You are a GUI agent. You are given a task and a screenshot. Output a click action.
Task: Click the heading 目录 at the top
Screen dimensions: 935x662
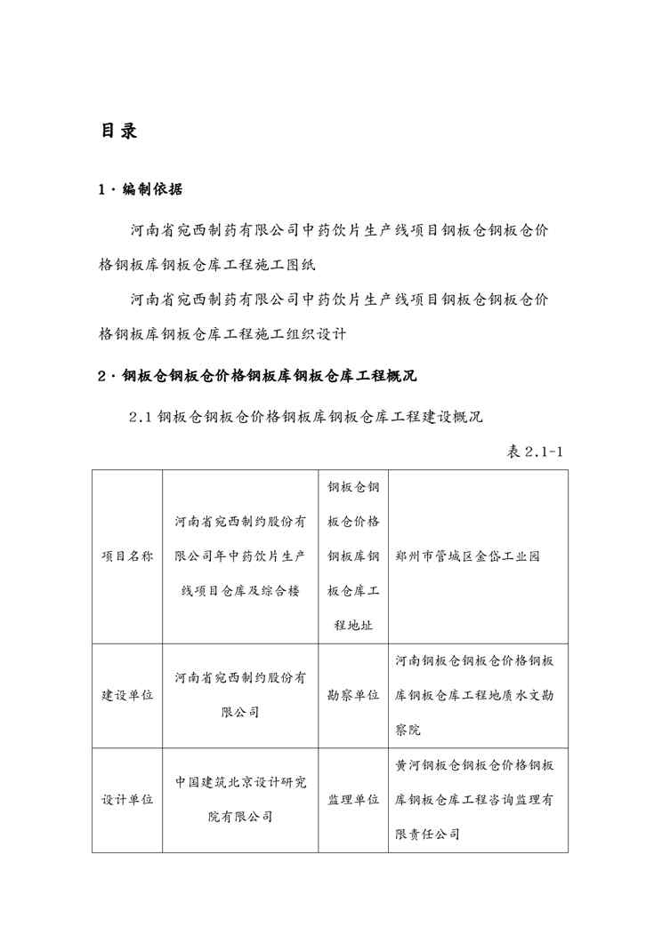118,132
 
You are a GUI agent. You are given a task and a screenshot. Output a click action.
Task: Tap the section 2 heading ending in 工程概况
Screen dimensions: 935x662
257,376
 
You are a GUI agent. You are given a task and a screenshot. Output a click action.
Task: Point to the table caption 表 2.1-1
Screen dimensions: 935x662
534,452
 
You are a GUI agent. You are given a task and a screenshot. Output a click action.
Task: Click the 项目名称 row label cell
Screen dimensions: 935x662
126,556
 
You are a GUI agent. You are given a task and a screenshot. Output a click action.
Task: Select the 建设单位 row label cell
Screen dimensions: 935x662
126,695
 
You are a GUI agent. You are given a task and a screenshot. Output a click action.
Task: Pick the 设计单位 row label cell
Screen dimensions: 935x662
126,800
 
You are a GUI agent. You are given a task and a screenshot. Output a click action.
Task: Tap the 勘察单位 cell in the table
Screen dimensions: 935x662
353,695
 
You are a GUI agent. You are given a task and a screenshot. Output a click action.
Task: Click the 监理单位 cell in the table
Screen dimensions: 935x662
353,800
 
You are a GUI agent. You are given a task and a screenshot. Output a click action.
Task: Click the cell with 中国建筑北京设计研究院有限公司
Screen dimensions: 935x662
240,799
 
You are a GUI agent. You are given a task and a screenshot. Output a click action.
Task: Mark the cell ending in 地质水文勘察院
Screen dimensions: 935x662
477,695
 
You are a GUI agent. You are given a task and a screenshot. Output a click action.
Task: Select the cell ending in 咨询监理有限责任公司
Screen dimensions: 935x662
477,800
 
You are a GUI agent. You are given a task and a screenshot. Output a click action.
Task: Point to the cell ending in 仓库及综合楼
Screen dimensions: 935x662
240,556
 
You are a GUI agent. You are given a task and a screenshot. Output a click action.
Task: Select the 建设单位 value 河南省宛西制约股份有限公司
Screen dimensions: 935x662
240,695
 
